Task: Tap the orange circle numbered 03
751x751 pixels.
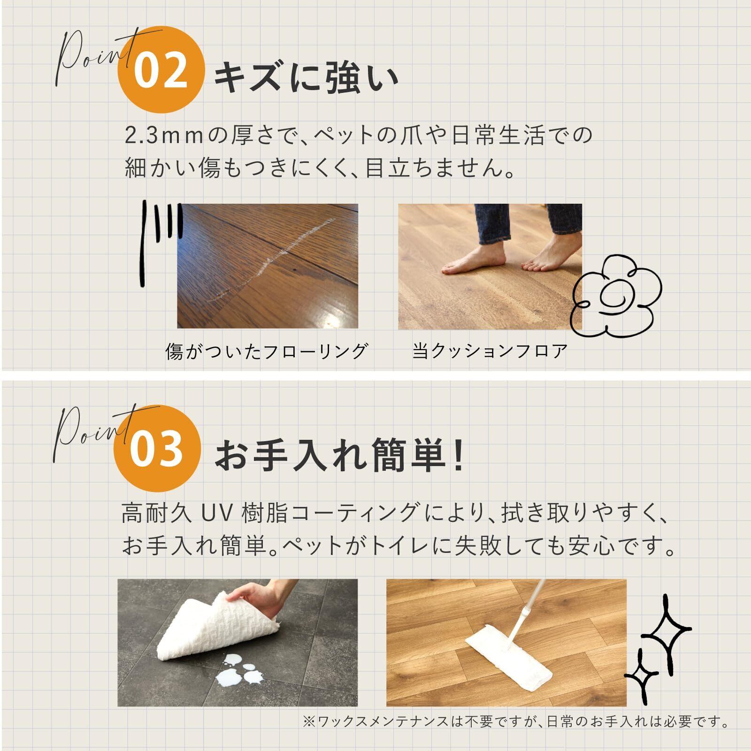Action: pos(157,448)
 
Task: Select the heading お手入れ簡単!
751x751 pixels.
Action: pos(339,455)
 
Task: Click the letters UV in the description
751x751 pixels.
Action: pos(217,513)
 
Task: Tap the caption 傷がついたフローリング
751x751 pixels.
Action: pos(266,351)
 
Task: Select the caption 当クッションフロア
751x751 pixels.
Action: pos(490,351)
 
